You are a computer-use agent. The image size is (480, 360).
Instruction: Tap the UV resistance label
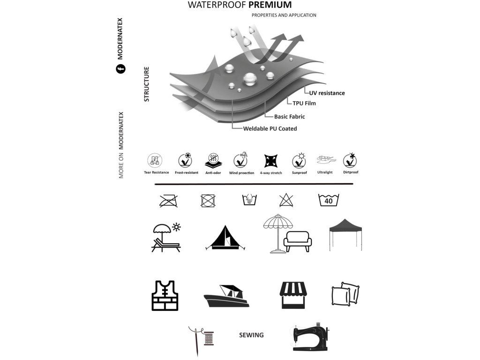(x=327, y=93)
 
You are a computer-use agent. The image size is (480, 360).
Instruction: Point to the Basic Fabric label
(x=289, y=116)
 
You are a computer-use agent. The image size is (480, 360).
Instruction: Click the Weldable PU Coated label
(x=270, y=128)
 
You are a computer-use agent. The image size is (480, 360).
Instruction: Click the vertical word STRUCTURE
(x=146, y=84)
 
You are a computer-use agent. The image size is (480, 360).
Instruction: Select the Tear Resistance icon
(x=156, y=161)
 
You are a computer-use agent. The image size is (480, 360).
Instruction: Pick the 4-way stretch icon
(x=270, y=161)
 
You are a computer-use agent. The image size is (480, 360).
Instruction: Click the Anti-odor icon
(x=213, y=161)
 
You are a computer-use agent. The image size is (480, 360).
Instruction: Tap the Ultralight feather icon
(x=325, y=160)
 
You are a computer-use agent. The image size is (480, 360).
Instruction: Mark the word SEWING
(x=251, y=335)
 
